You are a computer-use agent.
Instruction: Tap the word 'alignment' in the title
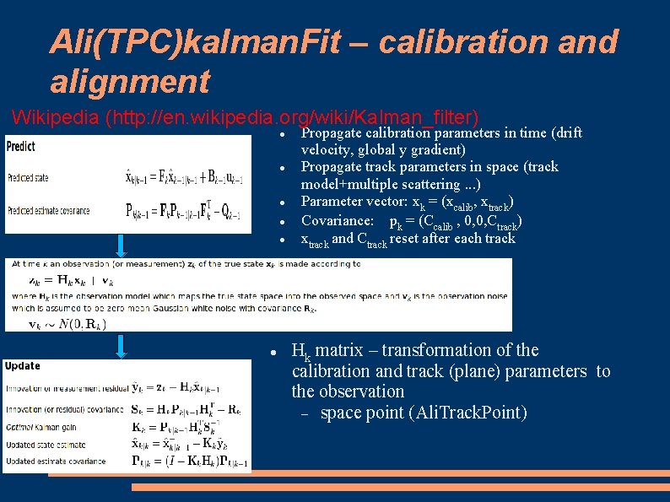coord(129,81)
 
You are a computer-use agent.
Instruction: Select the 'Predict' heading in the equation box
coord(21,146)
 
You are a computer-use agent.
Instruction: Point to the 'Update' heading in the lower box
coord(22,366)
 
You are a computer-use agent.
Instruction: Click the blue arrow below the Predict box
coord(122,244)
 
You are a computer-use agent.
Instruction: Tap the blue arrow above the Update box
coord(122,345)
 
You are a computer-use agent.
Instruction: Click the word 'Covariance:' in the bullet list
coord(337,221)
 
